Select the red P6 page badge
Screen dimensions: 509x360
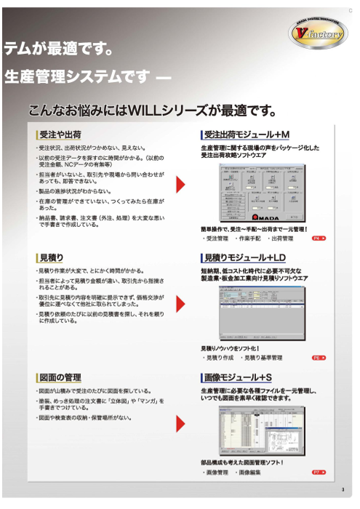pyautogui.click(x=319, y=358)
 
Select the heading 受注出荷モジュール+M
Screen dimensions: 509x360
pyautogui.click(x=247, y=135)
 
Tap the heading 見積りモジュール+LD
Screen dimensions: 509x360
pyautogui.click(x=245, y=258)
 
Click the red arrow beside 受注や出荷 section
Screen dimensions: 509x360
pyautogui.click(x=180, y=185)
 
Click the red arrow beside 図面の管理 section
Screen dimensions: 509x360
pyautogui.click(x=180, y=423)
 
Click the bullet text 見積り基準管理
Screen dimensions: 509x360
pyautogui.click(x=263, y=358)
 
